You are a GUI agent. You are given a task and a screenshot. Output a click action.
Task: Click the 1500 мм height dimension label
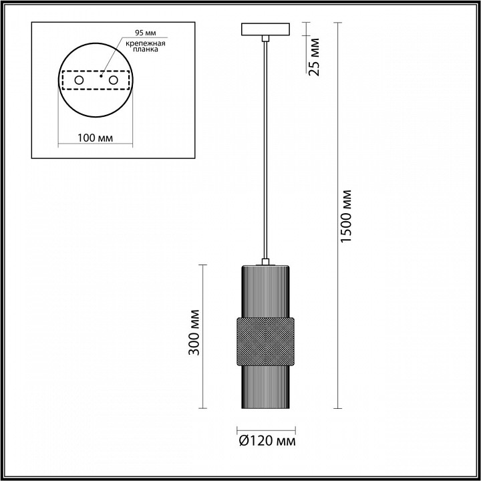pos(346,216)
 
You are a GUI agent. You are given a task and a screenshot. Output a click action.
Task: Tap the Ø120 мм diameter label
pos(267,441)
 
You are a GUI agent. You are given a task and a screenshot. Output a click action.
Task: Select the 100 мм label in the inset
pos(95,138)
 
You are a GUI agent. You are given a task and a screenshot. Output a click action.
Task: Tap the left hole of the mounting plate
pos(79,81)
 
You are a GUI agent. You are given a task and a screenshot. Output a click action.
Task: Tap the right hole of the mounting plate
pos(114,81)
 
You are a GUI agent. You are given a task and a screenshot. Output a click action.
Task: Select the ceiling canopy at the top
pos(265,30)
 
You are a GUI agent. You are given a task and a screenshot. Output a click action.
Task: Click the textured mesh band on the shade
pos(265,341)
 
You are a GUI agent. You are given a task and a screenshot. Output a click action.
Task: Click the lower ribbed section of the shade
pos(265,387)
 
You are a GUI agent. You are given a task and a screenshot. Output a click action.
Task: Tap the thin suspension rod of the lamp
pos(266,147)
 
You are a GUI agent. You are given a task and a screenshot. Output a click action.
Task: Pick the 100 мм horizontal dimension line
pos(94,146)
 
